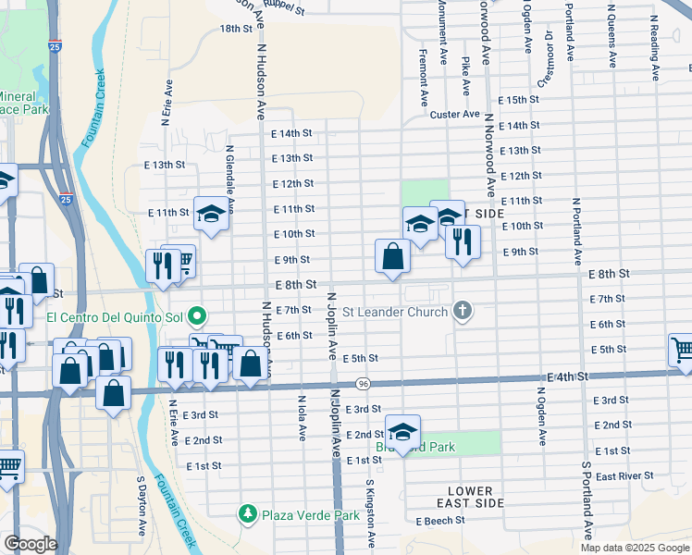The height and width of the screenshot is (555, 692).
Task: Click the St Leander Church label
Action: [x=395, y=311]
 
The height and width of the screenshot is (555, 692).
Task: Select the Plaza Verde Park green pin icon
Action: [x=247, y=512]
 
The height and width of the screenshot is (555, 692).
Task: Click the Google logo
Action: [x=31, y=544]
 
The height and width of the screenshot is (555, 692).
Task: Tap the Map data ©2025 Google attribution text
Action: [x=635, y=548]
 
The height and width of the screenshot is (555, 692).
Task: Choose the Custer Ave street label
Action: [x=455, y=115]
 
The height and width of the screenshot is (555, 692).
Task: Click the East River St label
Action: [x=624, y=475]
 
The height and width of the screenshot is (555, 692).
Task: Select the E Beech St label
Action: [x=440, y=522]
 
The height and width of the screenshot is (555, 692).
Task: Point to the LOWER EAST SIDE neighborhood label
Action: [x=472, y=497]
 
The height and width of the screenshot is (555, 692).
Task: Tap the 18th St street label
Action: [x=236, y=29]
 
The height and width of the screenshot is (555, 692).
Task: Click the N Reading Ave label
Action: [x=654, y=44]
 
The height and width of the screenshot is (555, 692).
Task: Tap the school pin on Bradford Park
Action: [x=402, y=432]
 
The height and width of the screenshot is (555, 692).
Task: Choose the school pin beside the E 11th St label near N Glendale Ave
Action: [x=211, y=215]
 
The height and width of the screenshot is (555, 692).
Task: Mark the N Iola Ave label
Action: [x=302, y=418]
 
